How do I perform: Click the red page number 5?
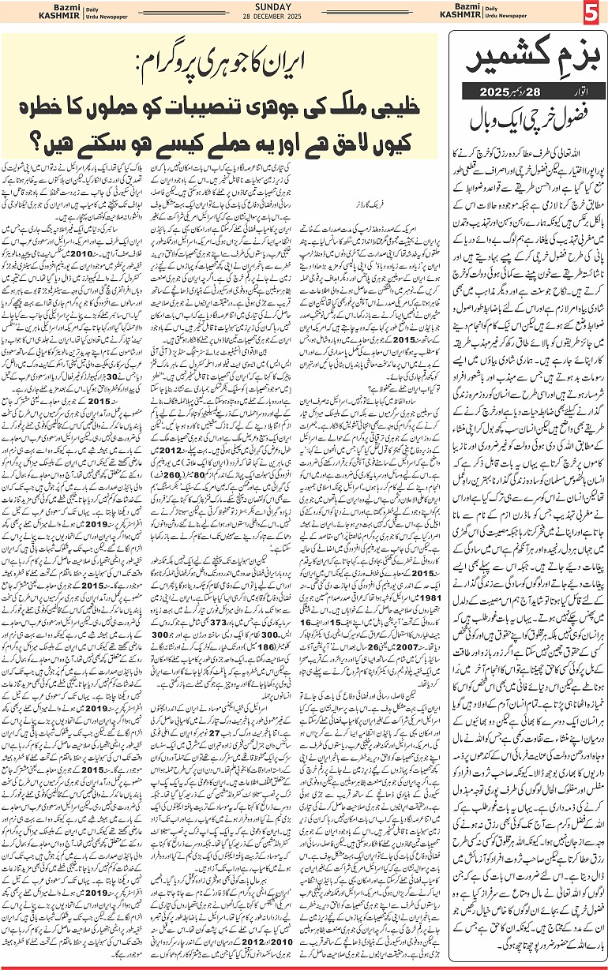point(593,15)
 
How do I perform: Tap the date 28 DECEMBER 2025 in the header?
point(304,19)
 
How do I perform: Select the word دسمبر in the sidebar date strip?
point(513,92)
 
